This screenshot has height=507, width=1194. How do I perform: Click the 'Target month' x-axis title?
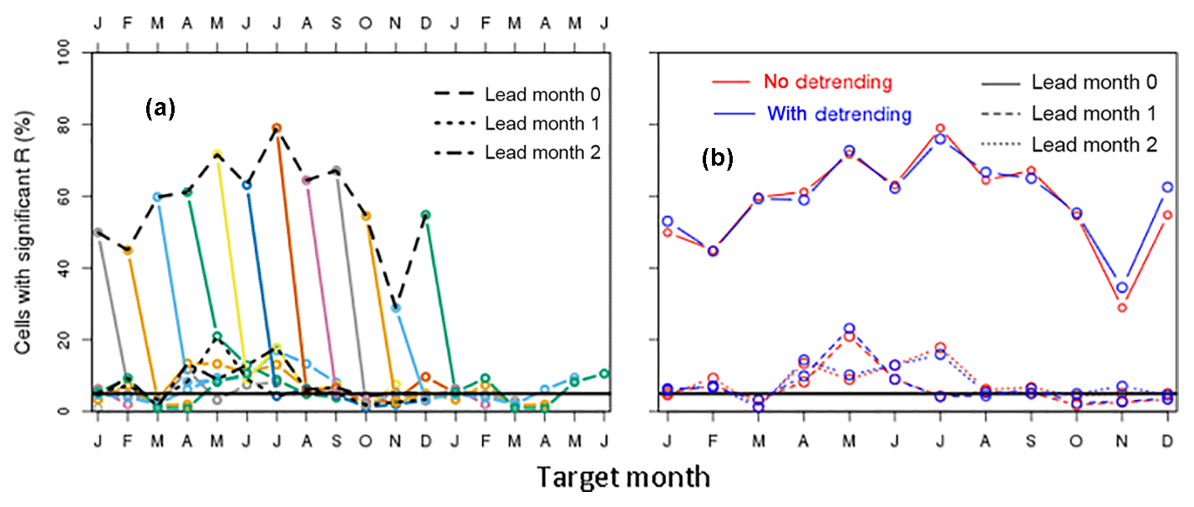(622, 478)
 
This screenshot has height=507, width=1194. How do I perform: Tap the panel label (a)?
(159, 108)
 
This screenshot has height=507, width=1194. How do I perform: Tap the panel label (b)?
(716, 159)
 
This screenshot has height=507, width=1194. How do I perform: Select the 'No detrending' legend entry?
(828, 82)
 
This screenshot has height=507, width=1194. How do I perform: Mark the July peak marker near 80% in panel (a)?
(276, 128)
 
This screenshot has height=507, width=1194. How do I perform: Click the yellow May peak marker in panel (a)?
(216, 155)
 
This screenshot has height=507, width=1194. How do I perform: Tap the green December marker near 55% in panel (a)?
(426, 215)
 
